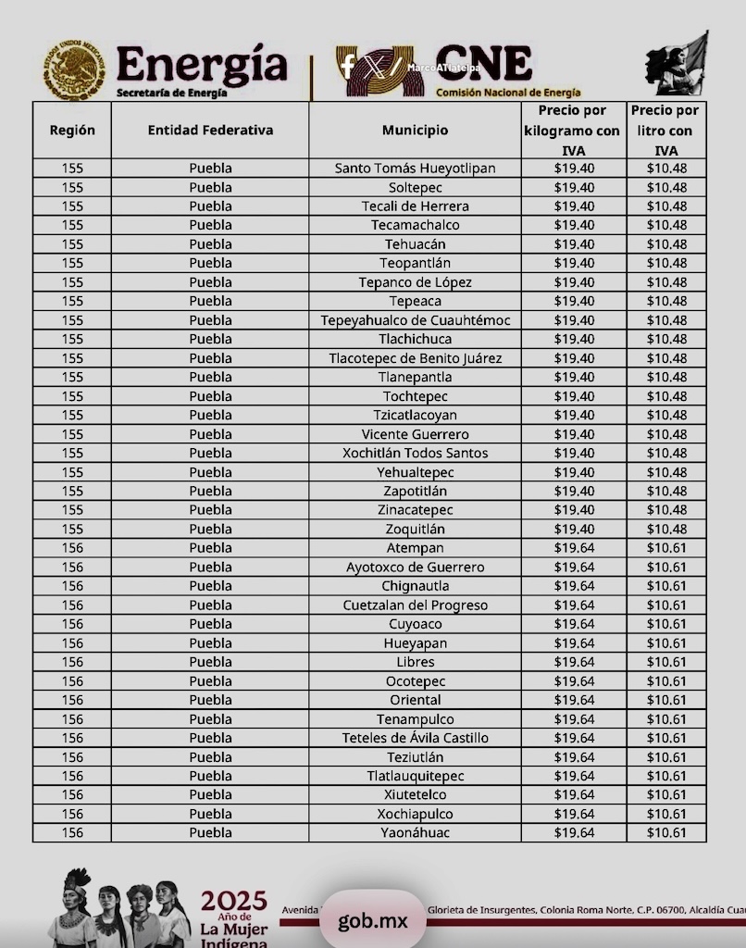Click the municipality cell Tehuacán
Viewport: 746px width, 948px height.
pyautogui.click(x=415, y=244)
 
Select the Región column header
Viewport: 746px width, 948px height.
pyautogui.click(x=72, y=131)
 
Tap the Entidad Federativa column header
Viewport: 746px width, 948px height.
pyautogui.click(x=210, y=131)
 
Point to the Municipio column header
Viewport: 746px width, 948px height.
pyautogui.click(x=415, y=131)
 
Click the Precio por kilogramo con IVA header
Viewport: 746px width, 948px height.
pyautogui.click(x=572, y=131)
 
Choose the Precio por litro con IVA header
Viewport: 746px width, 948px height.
pyautogui.click(x=665, y=131)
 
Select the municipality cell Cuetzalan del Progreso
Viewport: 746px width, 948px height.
pyautogui.click(x=415, y=605)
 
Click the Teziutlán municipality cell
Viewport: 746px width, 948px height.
pyautogui.click(x=415, y=757)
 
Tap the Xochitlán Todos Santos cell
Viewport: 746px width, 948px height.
pyautogui.click(x=415, y=453)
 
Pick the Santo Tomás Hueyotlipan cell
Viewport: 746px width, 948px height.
pyautogui.click(x=415, y=168)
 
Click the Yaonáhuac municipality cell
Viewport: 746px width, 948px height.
pyautogui.click(x=415, y=833)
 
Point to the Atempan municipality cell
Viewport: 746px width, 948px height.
pyautogui.click(x=415, y=548)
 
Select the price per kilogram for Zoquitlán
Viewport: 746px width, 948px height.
pyautogui.click(x=574, y=530)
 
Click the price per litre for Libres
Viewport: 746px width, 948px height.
pyautogui.click(x=666, y=662)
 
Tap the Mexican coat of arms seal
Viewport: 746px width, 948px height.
pyautogui.click(x=73, y=69)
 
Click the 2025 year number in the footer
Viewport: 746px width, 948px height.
pyautogui.click(x=234, y=901)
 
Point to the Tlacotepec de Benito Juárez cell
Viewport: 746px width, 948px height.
pyautogui.click(x=415, y=358)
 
